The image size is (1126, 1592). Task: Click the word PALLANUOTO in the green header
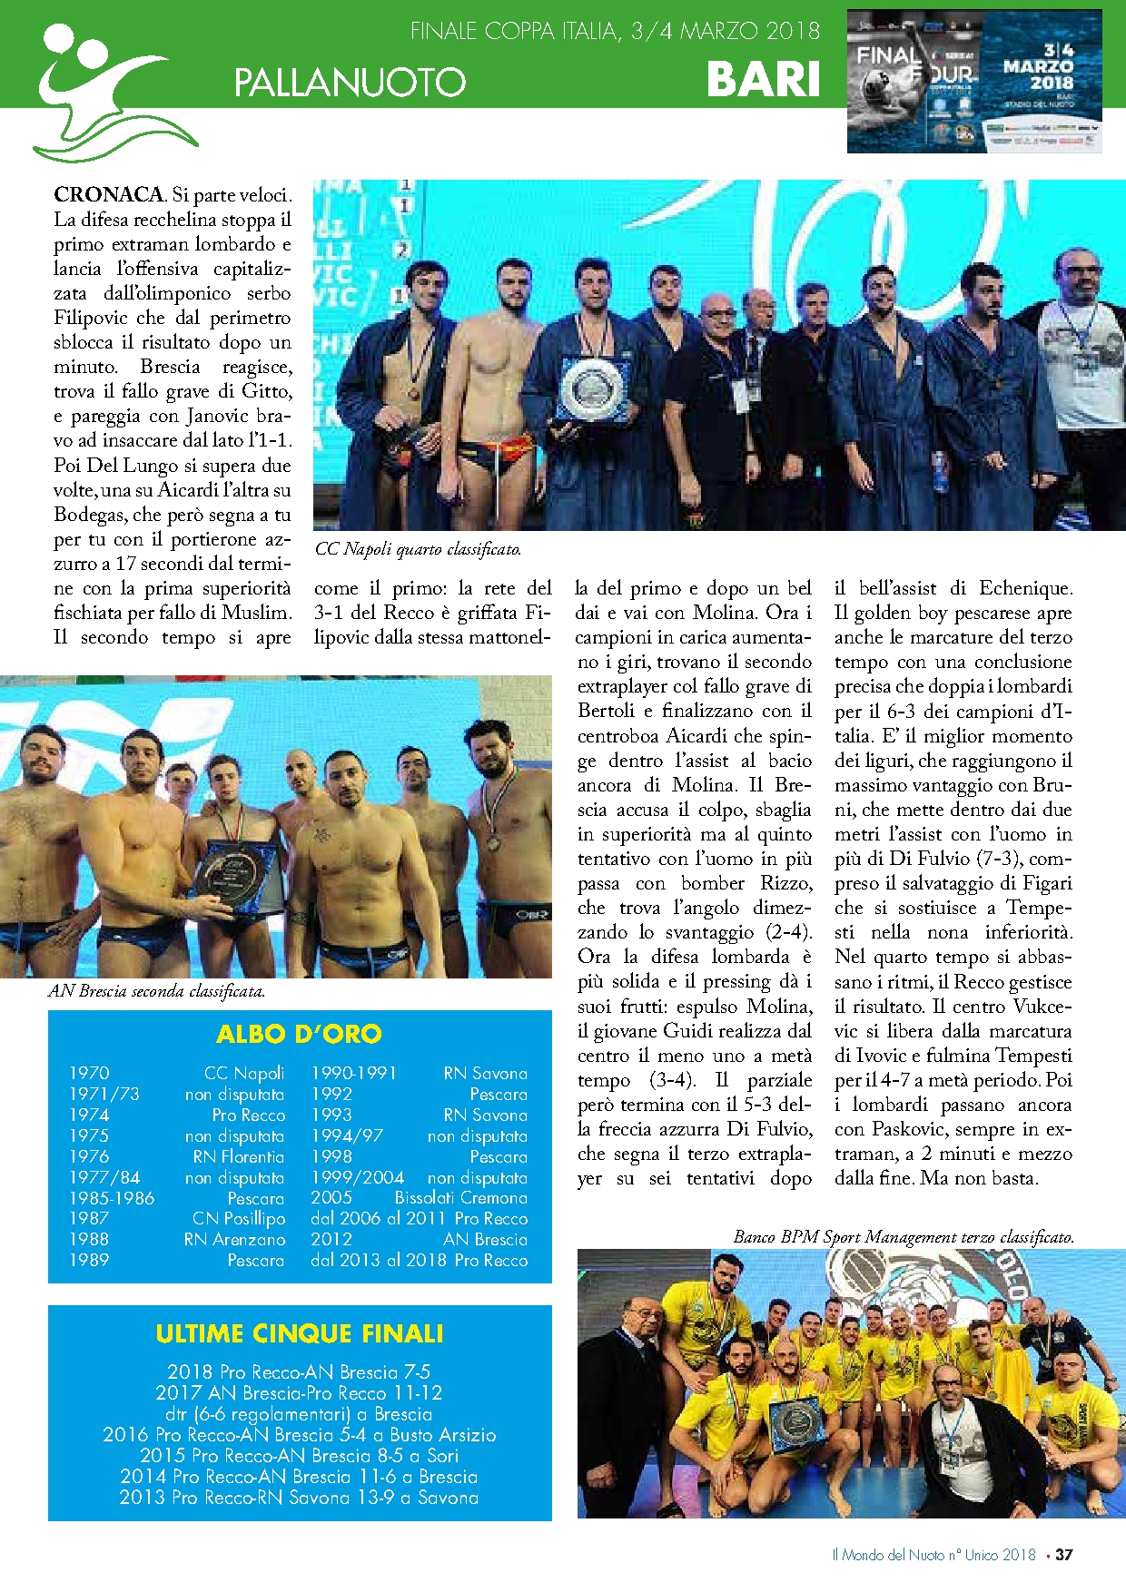[x=350, y=83]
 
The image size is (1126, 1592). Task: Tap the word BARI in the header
[x=763, y=79]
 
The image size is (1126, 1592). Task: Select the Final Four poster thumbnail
[x=973, y=82]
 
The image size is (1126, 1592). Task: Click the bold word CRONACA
[x=109, y=194]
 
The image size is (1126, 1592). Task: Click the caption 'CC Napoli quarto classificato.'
[x=418, y=549]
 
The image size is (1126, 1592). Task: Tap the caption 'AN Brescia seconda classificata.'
[x=156, y=991]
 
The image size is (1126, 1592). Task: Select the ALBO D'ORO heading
[x=299, y=1034]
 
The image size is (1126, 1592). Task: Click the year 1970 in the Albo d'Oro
[x=89, y=1073]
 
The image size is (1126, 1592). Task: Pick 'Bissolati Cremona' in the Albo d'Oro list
[x=460, y=1198]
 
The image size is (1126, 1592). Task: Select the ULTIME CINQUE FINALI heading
[x=299, y=1333]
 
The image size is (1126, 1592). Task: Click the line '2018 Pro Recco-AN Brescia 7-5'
[x=299, y=1372]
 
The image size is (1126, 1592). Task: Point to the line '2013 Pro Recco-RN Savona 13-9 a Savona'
[x=299, y=1498]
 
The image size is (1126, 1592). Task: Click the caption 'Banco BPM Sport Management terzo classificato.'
[x=904, y=1236]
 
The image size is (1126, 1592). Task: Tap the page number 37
[x=1064, y=1555]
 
